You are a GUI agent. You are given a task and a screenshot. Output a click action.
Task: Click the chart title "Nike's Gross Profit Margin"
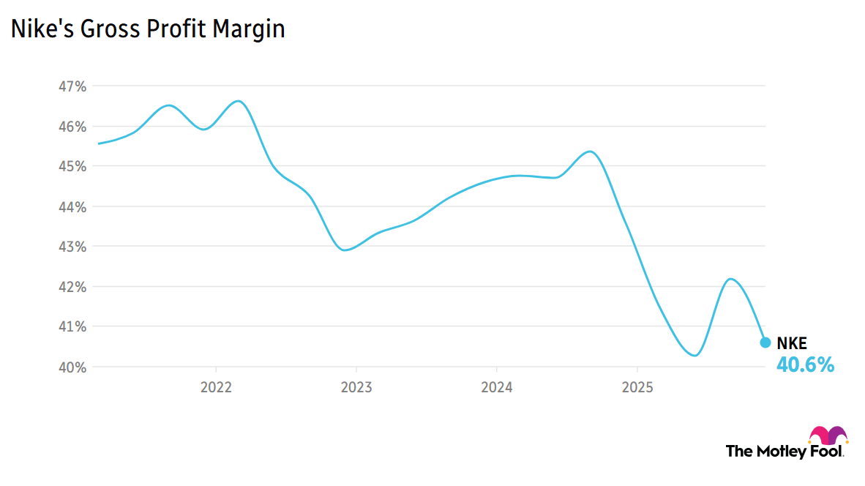click(x=147, y=29)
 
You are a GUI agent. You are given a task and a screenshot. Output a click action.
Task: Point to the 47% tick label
click(x=72, y=86)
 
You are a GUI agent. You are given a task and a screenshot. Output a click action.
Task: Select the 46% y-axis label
click(x=72, y=127)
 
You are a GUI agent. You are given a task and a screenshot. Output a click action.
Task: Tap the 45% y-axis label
click(x=72, y=166)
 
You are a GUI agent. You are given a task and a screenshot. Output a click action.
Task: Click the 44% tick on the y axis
click(x=72, y=206)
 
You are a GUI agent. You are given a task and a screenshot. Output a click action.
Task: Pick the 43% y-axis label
click(x=72, y=247)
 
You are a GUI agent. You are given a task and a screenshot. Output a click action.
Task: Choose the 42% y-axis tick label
click(x=72, y=286)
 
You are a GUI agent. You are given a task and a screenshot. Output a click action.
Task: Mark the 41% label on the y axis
click(x=72, y=326)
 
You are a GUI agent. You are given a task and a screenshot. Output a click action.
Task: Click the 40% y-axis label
click(x=72, y=367)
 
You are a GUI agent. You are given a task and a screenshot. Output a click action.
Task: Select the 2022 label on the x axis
click(x=216, y=386)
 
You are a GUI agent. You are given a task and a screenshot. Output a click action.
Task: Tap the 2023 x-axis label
click(x=356, y=386)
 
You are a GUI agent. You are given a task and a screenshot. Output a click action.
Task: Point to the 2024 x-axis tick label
click(x=496, y=386)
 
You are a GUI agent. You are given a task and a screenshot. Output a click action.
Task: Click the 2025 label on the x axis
click(x=637, y=386)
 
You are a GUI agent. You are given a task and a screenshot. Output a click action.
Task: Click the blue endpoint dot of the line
click(x=765, y=342)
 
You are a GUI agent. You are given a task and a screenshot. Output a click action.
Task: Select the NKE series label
click(x=791, y=343)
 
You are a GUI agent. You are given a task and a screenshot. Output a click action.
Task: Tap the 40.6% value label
click(x=804, y=364)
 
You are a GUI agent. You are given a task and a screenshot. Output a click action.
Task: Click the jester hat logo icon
click(x=828, y=435)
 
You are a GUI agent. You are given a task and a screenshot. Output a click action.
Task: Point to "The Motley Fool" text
click(x=785, y=451)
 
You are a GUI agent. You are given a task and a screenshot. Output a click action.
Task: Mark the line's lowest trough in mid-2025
click(x=694, y=356)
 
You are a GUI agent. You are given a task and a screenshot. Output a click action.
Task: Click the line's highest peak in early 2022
click(x=239, y=101)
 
